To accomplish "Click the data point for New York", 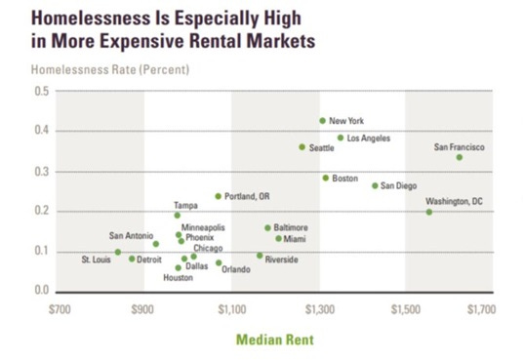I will click(x=322, y=121).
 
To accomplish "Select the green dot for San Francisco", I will click(x=459, y=157).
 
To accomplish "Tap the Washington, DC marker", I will click(x=428, y=212).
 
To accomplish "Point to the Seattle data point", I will click(x=302, y=147).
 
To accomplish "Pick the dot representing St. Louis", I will click(x=118, y=252).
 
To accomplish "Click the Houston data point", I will click(x=178, y=267).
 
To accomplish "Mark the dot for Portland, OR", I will click(x=218, y=196).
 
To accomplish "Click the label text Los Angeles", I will click(x=369, y=139).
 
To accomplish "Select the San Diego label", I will click(x=398, y=185).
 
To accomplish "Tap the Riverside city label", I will click(x=282, y=260).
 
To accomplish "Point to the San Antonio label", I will click(x=131, y=235).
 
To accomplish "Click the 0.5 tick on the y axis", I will click(x=41, y=91).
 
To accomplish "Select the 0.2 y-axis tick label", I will click(x=41, y=211).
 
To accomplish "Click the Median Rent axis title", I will click(x=274, y=340).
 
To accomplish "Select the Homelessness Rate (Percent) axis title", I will click(x=109, y=69).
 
